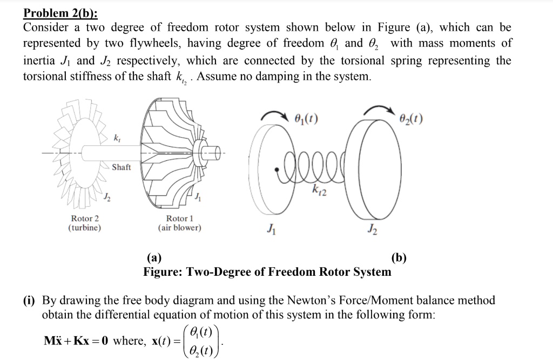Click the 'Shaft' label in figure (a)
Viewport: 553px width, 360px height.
(122, 167)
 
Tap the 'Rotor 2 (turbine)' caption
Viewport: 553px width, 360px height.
(85, 223)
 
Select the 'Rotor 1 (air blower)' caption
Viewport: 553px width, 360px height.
(179, 223)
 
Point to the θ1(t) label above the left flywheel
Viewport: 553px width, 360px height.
(307, 117)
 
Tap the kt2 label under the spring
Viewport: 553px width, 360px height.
(319, 191)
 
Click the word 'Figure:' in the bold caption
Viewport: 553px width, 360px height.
(163, 271)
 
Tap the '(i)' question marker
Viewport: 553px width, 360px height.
(29, 300)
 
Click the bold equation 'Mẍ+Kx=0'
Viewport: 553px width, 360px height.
(76, 341)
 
